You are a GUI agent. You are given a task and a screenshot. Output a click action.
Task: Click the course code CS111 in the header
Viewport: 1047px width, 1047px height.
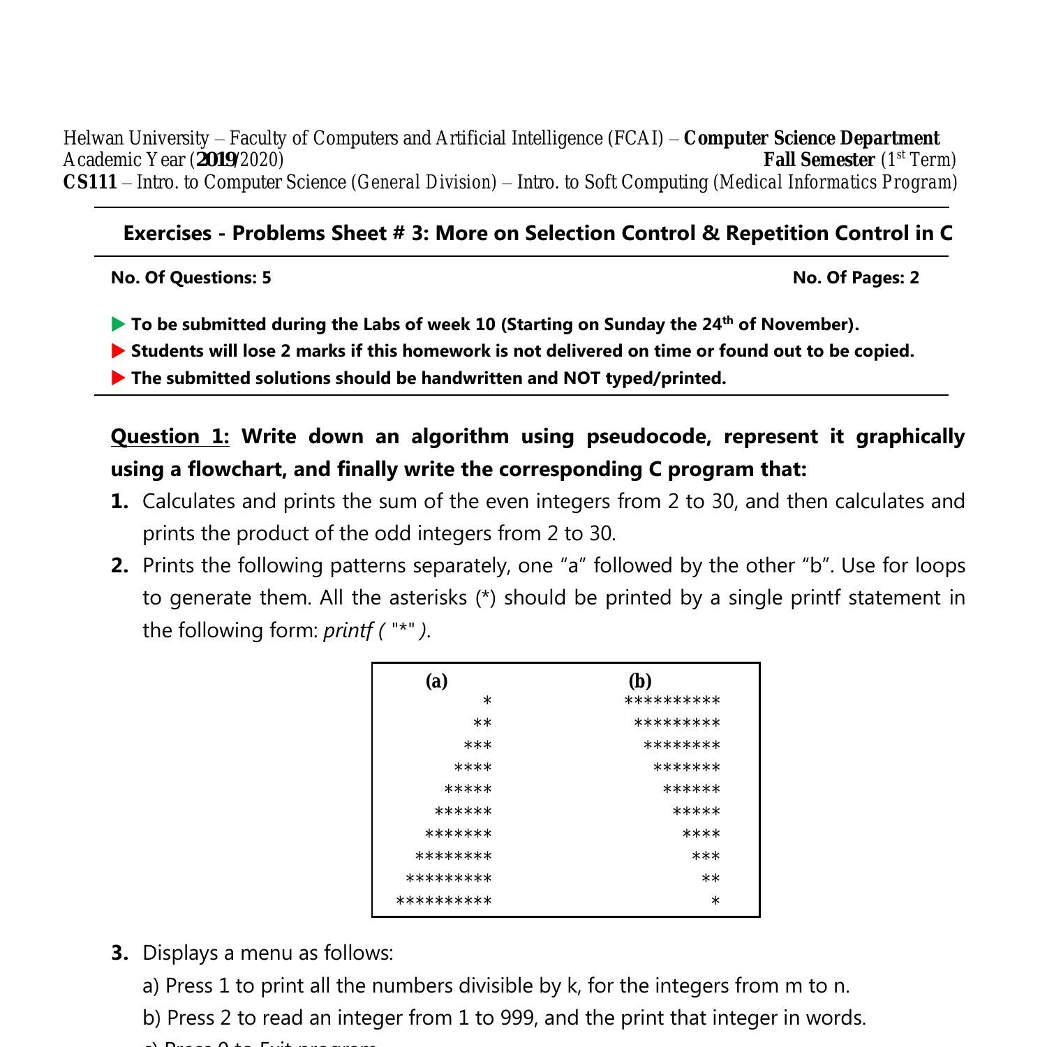90,182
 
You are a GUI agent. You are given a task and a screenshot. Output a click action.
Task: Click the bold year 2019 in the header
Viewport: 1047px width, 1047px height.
216,160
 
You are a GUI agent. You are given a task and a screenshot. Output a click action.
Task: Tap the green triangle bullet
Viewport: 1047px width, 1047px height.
119,324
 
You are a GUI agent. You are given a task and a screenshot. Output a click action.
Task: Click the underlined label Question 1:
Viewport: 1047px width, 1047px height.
170,436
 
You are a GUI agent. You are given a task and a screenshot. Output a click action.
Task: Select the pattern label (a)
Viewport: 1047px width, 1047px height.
436,681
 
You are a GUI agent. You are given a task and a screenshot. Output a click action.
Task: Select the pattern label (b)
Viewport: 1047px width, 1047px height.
639,681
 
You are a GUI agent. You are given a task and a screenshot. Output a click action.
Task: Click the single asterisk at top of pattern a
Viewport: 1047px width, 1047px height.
487,701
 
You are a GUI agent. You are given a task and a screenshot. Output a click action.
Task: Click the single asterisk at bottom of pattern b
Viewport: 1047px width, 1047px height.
715,902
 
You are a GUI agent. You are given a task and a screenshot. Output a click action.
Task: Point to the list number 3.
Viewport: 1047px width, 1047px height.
119,953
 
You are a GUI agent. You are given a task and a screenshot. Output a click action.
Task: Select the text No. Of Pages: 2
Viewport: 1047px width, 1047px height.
856,277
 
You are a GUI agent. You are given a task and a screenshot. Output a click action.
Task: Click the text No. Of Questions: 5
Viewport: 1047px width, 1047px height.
191,277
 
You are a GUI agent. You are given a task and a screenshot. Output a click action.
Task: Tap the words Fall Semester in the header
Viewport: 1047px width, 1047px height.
819,160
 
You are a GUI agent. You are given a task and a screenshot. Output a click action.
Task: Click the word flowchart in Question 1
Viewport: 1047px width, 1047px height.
235,468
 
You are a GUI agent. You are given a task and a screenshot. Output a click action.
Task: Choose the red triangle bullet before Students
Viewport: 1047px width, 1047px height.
119,350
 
